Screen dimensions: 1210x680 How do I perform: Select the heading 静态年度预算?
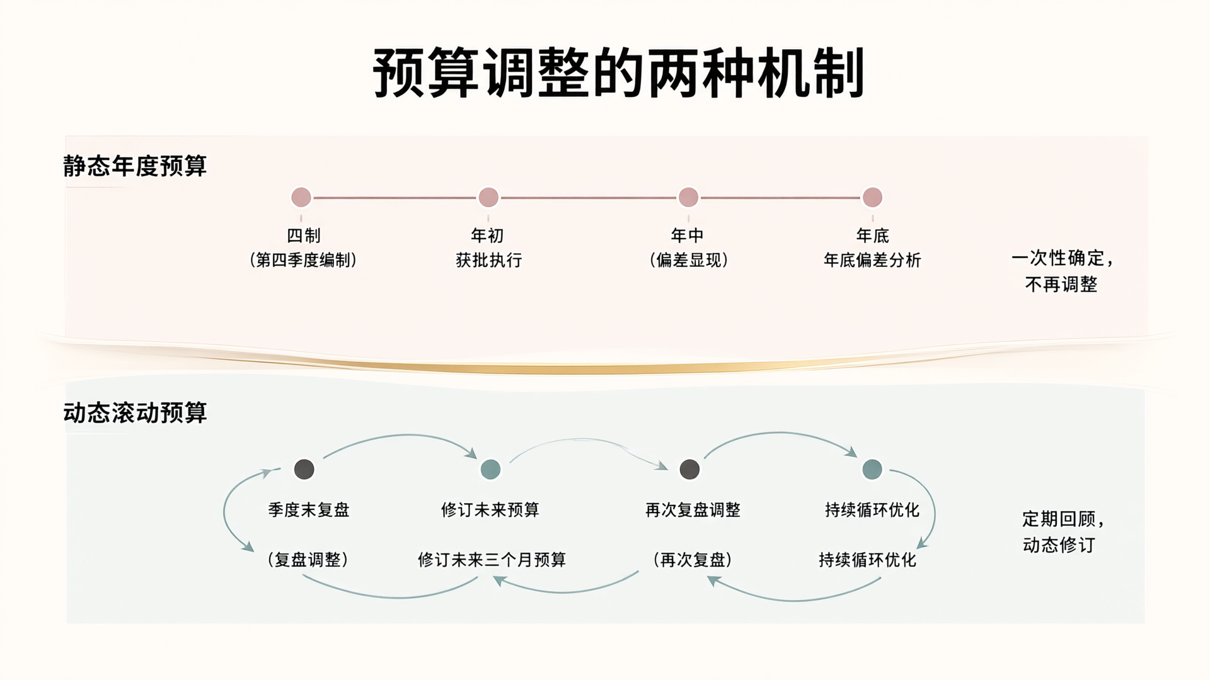click(135, 166)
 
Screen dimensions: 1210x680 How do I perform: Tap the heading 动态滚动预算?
click(135, 413)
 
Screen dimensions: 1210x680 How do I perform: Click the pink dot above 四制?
click(301, 198)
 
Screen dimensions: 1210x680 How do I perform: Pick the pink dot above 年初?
click(488, 198)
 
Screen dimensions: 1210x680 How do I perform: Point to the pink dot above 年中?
click(688, 198)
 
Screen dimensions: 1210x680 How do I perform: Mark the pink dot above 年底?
click(872, 198)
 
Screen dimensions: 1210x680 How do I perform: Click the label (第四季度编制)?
click(303, 260)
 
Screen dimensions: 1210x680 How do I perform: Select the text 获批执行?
click(488, 260)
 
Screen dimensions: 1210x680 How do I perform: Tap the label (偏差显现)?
click(689, 260)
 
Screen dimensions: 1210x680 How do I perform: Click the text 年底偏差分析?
click(872, 260)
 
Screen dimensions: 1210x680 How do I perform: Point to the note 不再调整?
click(1061, 285)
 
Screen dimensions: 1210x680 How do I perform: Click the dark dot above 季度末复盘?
click(304, 469)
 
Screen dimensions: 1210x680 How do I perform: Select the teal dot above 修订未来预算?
click(490, 469)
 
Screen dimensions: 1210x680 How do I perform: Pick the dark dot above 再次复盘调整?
click(689, 469)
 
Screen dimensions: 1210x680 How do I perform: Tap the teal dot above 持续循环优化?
click(872, 469)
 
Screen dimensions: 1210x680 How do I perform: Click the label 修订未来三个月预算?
click(492, 560)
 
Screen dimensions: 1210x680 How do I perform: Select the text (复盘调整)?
click(308, 560)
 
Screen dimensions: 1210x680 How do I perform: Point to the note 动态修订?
click(1059, 545)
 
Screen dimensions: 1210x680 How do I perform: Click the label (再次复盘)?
click(693, 560)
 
